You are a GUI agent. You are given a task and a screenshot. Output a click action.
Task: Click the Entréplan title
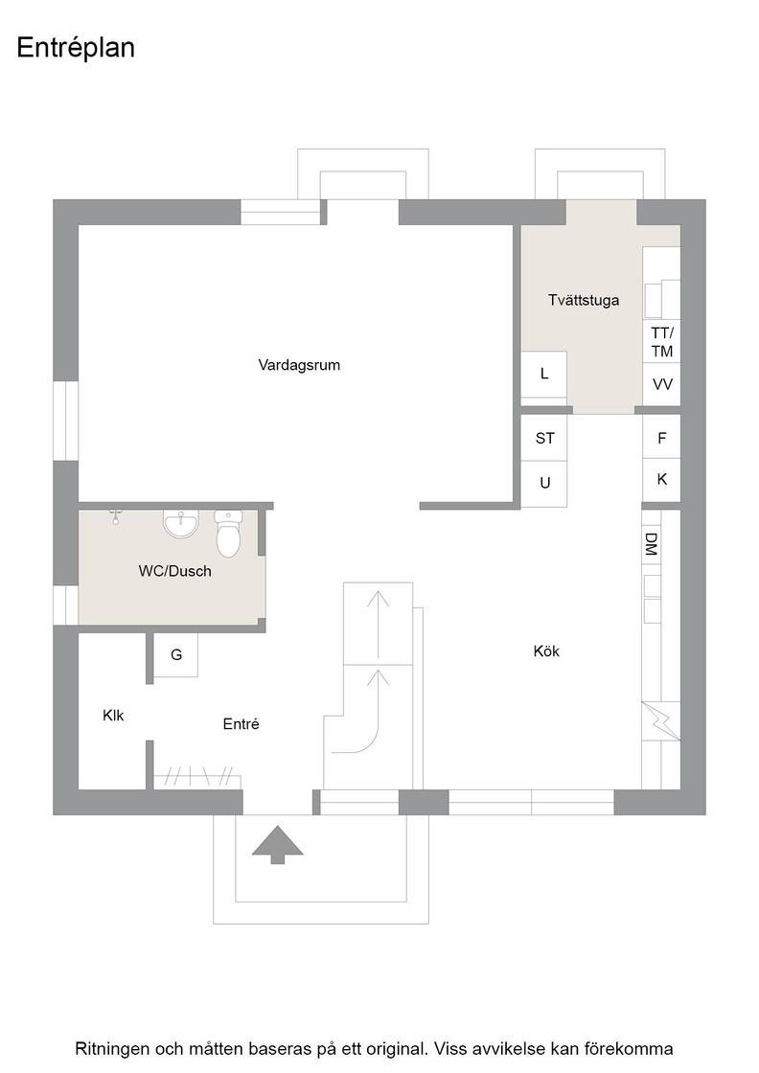(76, 48)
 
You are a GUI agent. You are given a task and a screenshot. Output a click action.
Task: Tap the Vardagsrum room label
(299, 365)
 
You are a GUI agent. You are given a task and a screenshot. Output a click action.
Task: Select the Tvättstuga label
(584, 300)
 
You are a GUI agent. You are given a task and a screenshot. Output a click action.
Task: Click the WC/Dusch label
(174, 571)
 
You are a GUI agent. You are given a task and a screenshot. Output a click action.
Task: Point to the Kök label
(546, 651)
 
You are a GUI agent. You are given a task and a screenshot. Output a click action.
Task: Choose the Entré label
(241, 723)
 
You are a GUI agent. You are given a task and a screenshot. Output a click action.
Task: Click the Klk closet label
(113, 715)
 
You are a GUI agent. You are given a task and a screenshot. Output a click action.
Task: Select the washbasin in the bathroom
(181, 523)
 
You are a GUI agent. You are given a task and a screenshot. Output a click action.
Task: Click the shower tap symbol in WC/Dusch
(116, 516)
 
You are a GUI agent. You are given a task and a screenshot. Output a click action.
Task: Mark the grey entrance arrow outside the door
(277, 844)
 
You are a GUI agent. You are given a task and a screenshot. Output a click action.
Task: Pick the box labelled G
(176, 655)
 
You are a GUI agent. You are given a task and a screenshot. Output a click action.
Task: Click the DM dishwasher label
(651, 544)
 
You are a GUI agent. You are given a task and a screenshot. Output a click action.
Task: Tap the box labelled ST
(544, 438)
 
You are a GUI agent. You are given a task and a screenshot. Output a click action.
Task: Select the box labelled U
(544, 484)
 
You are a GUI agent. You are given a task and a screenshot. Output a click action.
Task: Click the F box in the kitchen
(661, 437)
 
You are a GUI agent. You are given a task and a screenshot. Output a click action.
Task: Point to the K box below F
(661, 480)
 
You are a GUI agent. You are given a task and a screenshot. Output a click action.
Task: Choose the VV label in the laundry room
(662, 384)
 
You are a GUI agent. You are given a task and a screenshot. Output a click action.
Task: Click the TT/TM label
(662, 342)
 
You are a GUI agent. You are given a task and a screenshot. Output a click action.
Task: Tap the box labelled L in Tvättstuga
(544, 374)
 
